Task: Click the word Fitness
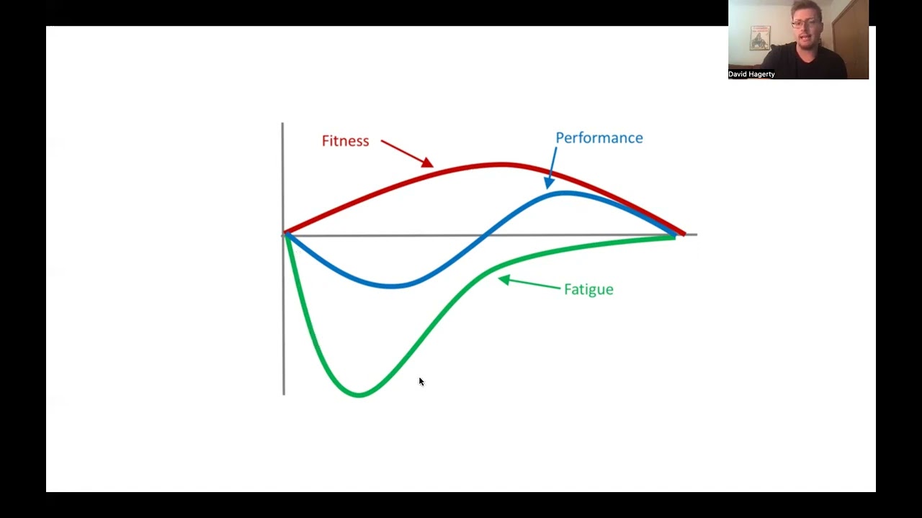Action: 345,141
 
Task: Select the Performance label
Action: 599,138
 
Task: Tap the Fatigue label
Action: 588,289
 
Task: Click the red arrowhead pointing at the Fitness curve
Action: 427,163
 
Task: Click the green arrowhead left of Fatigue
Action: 503,280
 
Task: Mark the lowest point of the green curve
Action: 359,394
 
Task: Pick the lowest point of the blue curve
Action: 393,286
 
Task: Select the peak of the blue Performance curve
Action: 565,193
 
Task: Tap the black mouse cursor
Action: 421,382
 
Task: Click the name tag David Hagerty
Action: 751,74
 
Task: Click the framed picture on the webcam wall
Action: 760,37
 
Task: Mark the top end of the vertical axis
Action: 282,124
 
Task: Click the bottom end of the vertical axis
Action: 284,394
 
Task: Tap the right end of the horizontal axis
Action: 696,235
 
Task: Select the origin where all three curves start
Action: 285,234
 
